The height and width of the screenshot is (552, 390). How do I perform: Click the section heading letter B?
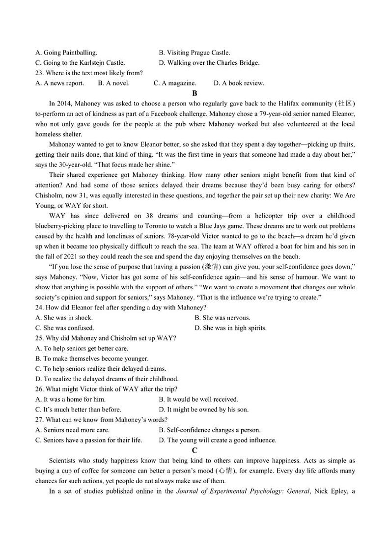pyautogui.click(x=195, y=93)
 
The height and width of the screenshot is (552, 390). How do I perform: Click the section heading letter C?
pyautogui.click(x=195, y=450)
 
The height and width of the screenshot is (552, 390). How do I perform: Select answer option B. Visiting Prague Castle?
pyautogui.click(x=194, y=53)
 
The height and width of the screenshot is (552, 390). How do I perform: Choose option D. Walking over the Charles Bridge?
pyautogui.click(x=209, y=63)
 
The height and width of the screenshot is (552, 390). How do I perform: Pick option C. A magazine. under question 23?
pyautogui.click(x=175, y=83)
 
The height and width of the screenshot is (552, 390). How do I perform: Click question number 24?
pyautogui.click(x=39, y=307)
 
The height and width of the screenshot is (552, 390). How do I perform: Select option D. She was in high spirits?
pyautogui.click(x=230, y=328)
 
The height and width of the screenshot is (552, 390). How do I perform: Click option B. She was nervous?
pyautogui.click(x=222, y=318)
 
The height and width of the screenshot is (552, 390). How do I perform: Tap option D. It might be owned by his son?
pyautogui.click(x=204, y=410)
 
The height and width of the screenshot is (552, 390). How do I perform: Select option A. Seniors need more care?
pyautogui.click(x=72, y=430)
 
